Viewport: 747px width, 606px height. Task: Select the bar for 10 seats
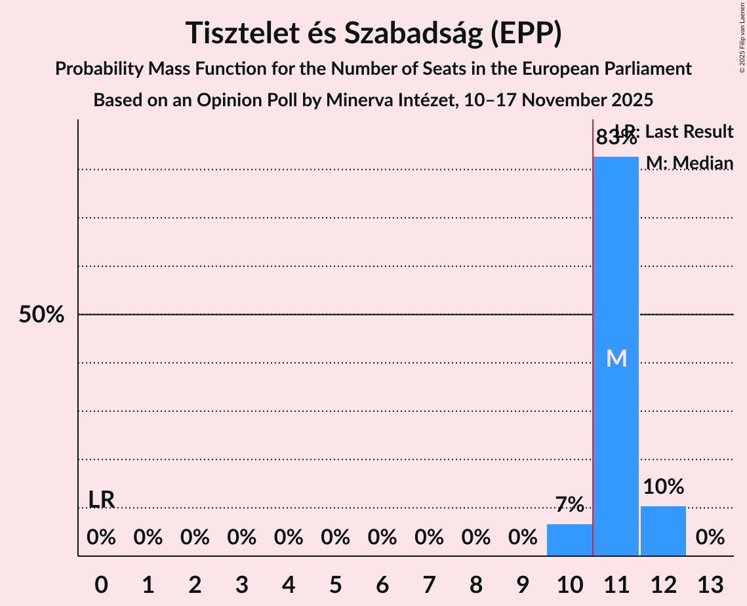569,540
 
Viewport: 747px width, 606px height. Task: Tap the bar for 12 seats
663,531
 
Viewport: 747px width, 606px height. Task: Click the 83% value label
616,138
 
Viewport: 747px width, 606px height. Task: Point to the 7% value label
569,504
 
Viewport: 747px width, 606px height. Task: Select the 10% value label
663,487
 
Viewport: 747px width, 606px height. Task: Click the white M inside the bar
616,358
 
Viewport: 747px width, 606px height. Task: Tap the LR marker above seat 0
102,499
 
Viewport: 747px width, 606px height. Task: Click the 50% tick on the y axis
41,315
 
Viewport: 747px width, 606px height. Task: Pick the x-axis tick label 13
710,584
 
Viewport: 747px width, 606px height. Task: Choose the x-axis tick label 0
101,584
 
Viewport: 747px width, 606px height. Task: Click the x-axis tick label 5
335,584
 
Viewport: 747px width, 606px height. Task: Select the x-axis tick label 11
616,584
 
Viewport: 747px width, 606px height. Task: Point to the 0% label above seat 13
710,538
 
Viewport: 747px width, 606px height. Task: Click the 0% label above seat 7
429,538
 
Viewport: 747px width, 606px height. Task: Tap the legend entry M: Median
689,163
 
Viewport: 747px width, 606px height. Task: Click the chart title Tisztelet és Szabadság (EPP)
373,33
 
